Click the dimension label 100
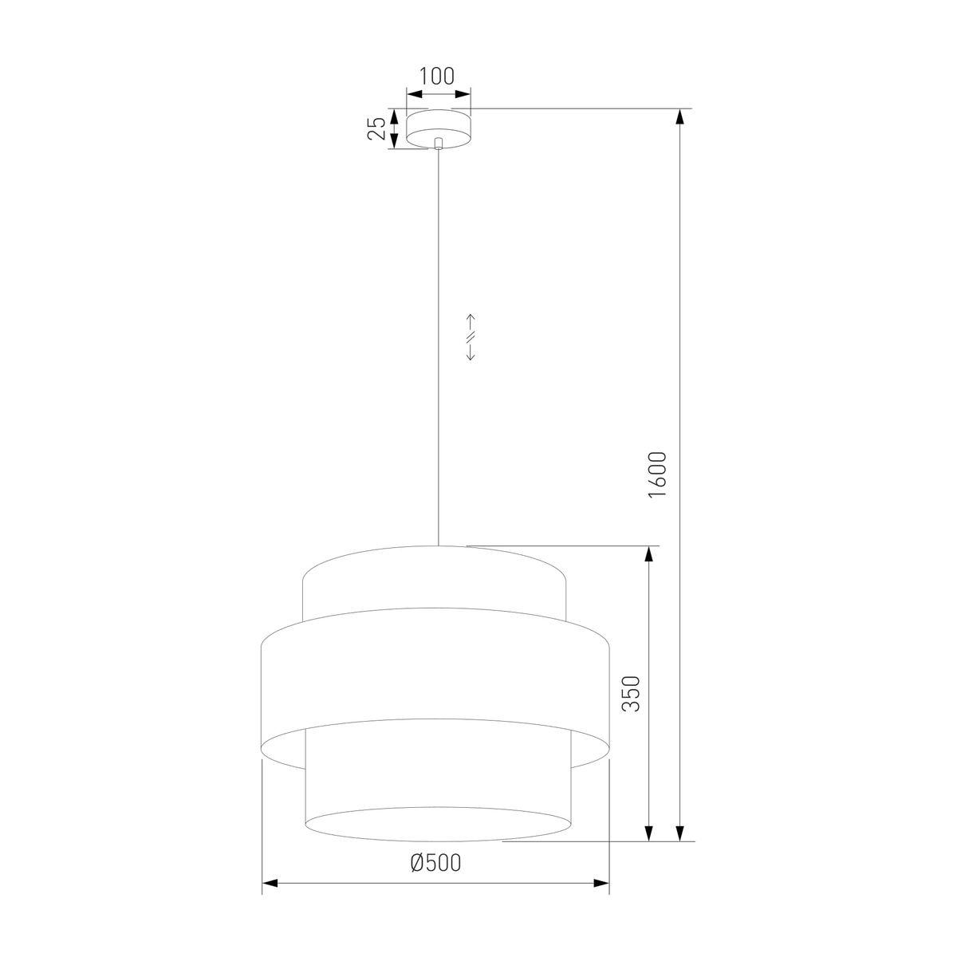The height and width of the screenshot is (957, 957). [437, 77]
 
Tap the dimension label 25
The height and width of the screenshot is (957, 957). [377, 128]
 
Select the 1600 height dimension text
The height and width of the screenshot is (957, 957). [657, 475]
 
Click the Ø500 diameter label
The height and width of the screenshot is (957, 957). [435, 863]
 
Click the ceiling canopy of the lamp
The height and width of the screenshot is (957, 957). [438, 128]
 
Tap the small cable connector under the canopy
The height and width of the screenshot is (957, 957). [438, 144]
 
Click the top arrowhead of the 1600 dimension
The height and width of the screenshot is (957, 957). [681, 117]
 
